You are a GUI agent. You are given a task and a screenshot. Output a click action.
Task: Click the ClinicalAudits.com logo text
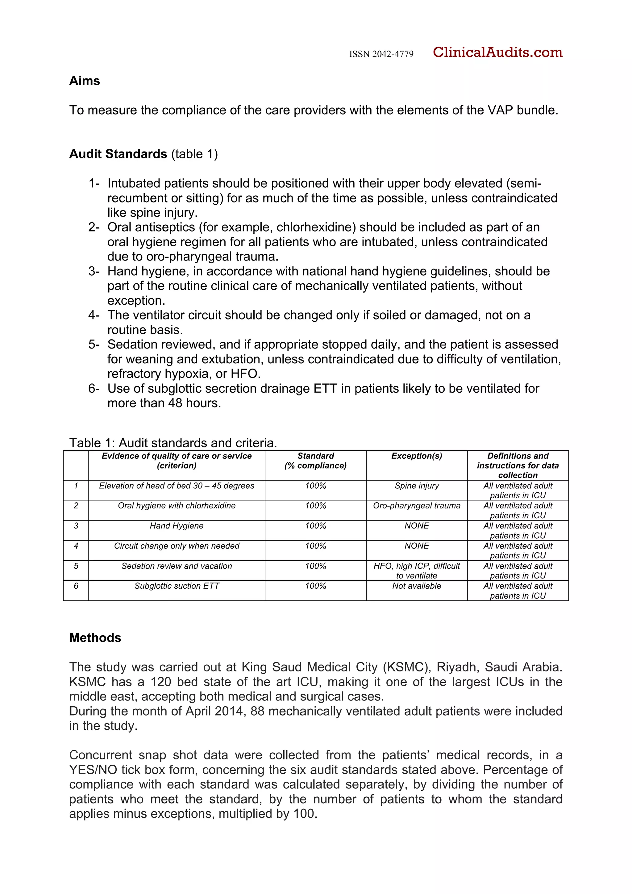497,52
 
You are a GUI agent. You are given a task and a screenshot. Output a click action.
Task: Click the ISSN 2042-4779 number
381,54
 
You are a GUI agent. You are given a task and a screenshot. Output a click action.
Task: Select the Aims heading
85,81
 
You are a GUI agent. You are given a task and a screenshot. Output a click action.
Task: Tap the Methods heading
95,638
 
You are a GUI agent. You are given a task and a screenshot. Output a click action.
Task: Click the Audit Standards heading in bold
118,154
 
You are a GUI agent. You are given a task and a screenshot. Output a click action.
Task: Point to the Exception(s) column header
416,456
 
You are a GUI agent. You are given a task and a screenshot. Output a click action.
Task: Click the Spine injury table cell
416,486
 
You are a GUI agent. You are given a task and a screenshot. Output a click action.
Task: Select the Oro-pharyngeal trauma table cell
416,506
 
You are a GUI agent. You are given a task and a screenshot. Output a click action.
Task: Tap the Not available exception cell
416,586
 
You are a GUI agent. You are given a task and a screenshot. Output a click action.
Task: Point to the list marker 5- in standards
94,345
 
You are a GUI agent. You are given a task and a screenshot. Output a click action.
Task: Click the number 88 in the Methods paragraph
257,711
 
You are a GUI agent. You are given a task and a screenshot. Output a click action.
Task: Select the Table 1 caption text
173,443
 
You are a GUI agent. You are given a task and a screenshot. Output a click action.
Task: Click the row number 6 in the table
76,586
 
